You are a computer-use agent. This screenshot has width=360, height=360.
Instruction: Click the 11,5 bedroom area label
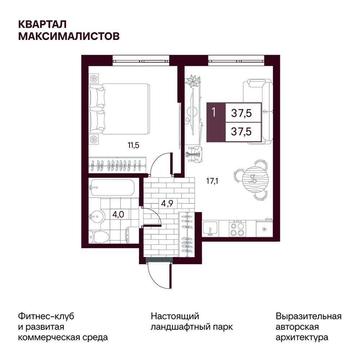tap(134, 145)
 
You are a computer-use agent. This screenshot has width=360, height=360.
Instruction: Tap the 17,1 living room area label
tap(212, 181)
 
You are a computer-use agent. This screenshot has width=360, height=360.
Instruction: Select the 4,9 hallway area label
tap(167, 203)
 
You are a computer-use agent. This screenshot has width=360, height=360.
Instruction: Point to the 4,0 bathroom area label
tap(118, 215)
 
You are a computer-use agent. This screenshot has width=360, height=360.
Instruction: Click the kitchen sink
tap(210, 229)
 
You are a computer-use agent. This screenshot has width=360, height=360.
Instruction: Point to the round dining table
tap(255, 179)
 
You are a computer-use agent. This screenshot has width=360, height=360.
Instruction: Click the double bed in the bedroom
tap(119, 109)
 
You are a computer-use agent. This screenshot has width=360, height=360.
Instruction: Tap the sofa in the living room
tap(258, 111)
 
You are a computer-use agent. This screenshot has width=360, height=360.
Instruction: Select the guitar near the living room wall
tap(194, 155)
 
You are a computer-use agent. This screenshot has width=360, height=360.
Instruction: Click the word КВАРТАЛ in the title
tap(42, 24)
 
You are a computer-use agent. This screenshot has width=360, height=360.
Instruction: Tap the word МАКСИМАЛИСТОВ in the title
tap(69, 36)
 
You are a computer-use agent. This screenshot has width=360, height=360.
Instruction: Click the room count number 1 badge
tap(214, 112)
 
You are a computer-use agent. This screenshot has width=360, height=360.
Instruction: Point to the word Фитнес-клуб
tap(46, 316)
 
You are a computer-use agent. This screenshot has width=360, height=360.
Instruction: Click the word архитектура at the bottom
tap(302, 338)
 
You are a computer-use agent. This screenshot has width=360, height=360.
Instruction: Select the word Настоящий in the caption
tap(175, 317)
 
